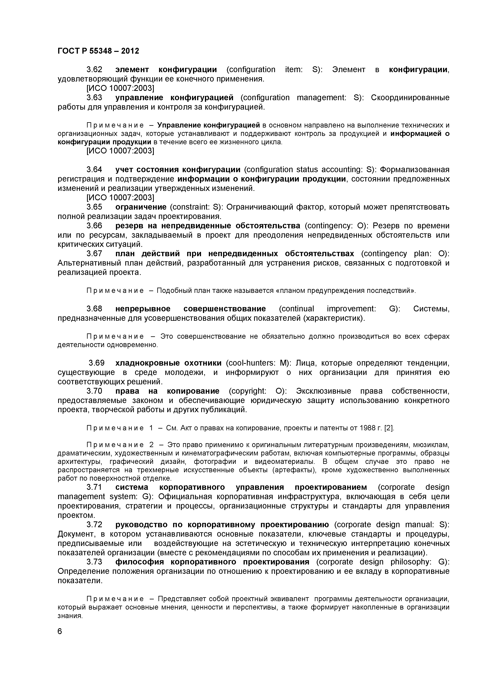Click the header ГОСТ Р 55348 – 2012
click(98, 51)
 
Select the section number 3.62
click(94, 70)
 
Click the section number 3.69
click(97, 363)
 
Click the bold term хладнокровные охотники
click(168, 363)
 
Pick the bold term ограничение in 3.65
click(141, 207)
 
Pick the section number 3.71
click(94, 487)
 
